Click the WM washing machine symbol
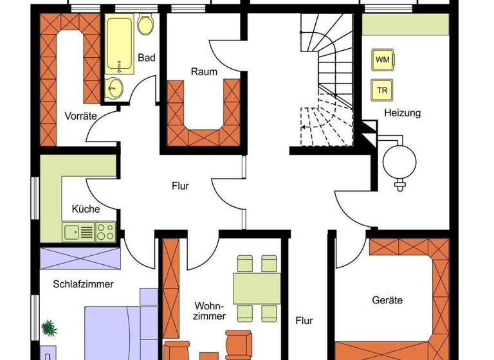click(383, 60)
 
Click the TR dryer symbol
click(383, 90)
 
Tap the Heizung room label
click(402, 113)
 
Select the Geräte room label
click(387, 300)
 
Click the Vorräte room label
click(80, 116)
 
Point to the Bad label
click(147, 58)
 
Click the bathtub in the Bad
click(121, 45)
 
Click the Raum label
click(204, 72)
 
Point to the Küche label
click(86, 209)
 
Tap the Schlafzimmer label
click(84, 283)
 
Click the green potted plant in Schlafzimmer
click(50, 328)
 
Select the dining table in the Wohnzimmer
click(255, 287)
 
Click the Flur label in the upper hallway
click(180, 186)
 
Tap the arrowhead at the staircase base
click(304, 128)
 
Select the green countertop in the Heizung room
click(405, 25)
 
